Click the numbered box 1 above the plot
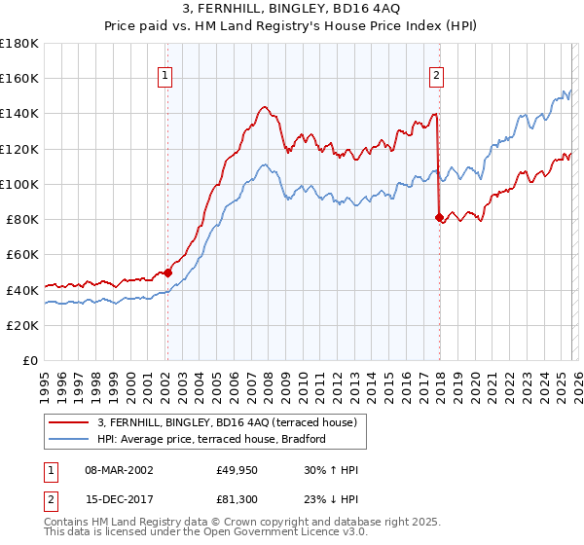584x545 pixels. click(164, 76)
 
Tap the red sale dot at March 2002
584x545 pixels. click(167, 272)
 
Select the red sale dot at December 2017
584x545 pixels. click(439, 217)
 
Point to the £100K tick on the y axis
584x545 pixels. click(19, 184)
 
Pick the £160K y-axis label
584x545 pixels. click(19, 78)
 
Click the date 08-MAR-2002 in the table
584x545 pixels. click(119, 470)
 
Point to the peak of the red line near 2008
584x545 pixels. click(264, 106)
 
